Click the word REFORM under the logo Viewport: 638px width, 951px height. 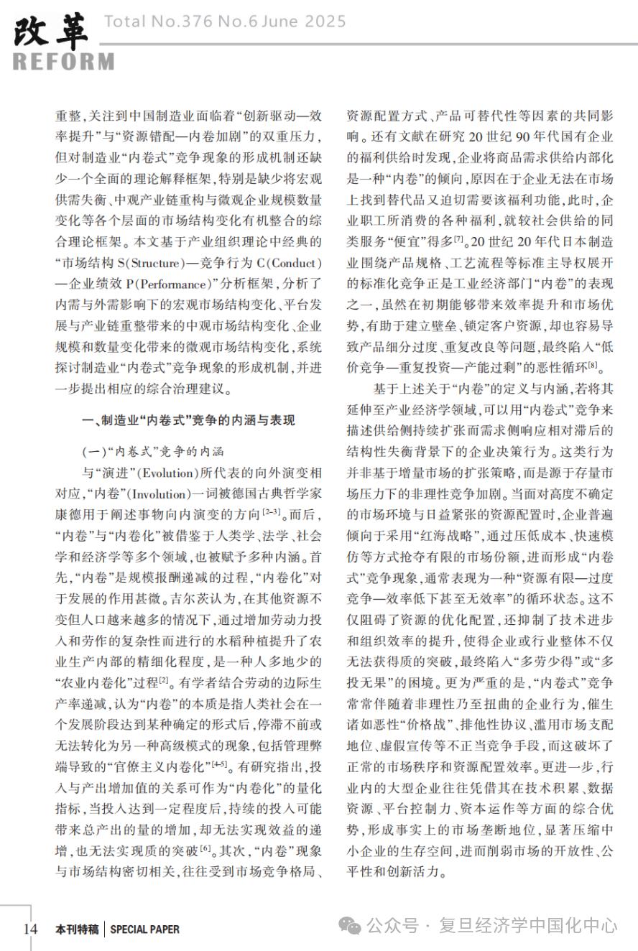tap(63, 62)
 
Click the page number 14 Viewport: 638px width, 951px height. tap(30, 929)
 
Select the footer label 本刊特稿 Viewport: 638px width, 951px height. tap(77, 929)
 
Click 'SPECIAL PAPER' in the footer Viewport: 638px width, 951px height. tap(145, 929)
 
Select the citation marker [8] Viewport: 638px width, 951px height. tap(592, 366)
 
